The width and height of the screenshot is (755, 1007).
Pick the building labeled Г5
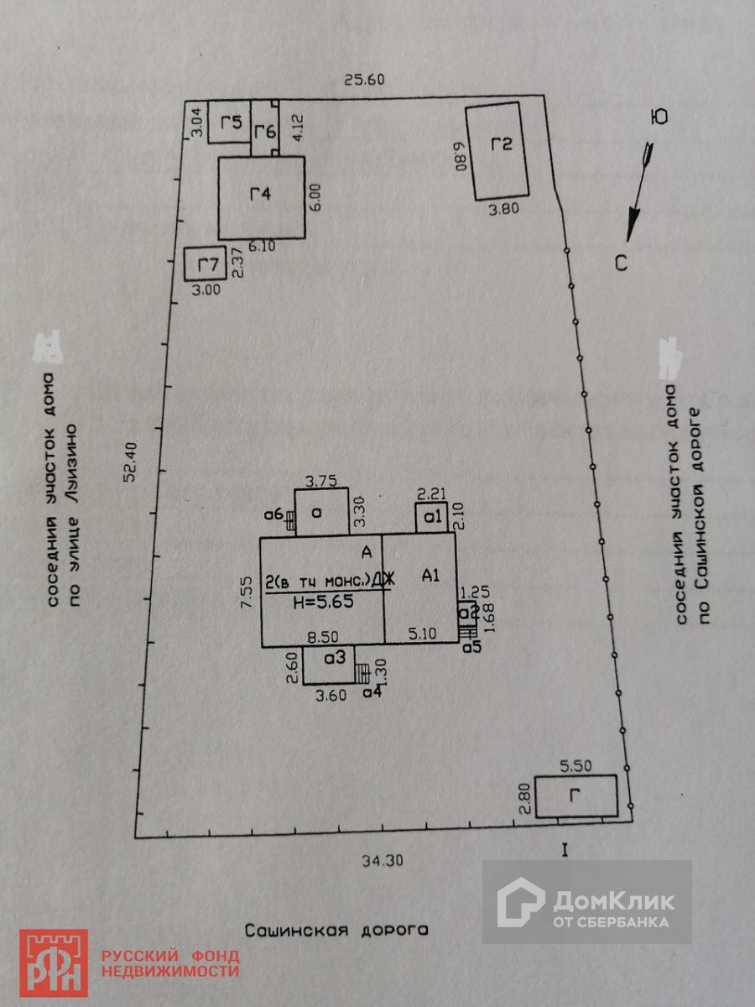click(229, 123)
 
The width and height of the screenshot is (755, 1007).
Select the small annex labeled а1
click(433, 518)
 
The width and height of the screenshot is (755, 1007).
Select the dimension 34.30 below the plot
click(383, 859)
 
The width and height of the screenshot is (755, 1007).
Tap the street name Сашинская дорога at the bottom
click(336, 930)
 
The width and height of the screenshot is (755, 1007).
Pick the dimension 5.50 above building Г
click(576, 765)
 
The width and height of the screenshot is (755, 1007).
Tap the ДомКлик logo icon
click(521, 902)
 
